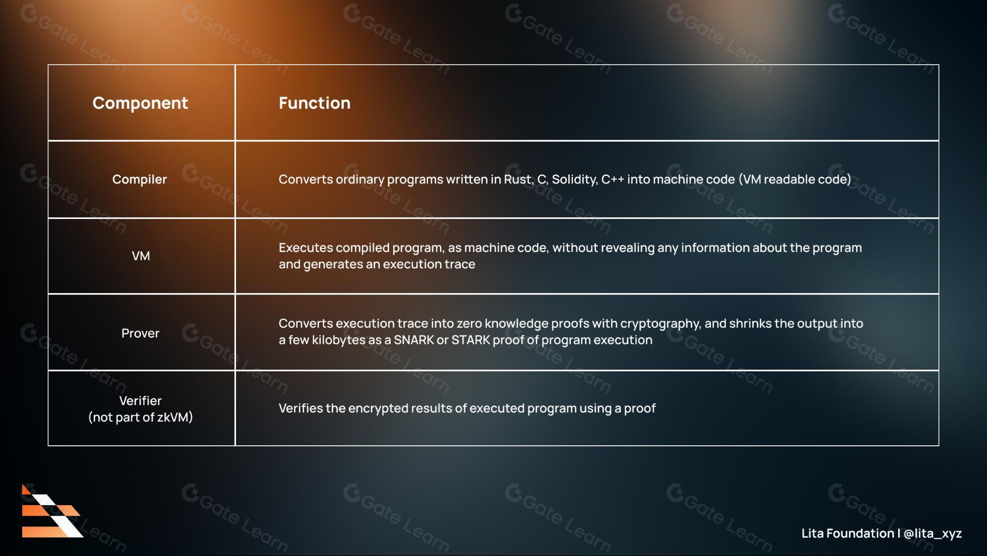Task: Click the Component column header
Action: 140,103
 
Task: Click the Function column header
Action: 315,103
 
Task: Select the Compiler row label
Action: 140,179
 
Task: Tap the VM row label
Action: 141,256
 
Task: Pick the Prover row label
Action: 140,333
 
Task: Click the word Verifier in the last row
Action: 140,400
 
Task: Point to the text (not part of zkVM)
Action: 140,417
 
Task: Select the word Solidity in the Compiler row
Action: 574,179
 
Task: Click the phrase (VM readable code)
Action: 795,179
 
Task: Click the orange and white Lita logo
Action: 52,511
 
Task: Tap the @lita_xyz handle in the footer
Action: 933,534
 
